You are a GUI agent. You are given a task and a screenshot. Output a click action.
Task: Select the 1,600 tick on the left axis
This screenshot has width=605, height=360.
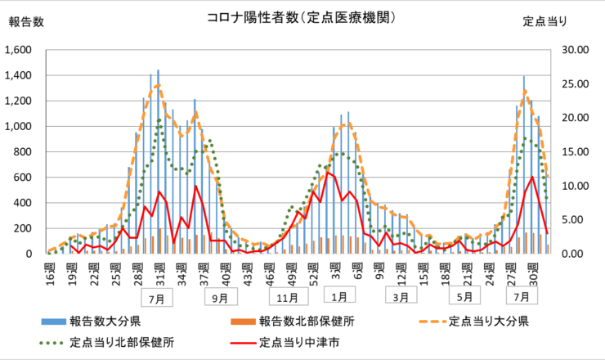click(x=18, y=50)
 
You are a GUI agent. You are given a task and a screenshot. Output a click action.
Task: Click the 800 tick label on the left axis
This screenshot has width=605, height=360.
click(x=22, y=152)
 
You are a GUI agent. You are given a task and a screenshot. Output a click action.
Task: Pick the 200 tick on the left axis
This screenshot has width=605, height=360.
click(x=22, y=228)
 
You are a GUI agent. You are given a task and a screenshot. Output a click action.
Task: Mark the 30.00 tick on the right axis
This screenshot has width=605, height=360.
click(x=577, y=50)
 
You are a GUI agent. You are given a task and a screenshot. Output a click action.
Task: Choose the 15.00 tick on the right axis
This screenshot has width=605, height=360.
click(x=577, y=152)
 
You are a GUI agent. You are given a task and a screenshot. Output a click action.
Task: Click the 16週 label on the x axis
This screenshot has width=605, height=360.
click(x=51, y=267)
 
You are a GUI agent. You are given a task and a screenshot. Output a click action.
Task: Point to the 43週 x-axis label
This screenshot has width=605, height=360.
click(x=249, y=267)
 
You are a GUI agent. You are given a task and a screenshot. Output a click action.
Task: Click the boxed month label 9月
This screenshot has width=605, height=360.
click(x=219, y=298)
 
